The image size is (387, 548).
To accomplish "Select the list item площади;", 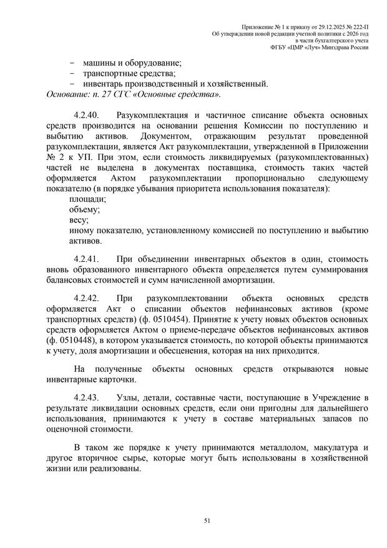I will pos(88,199).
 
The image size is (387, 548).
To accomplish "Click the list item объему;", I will pos(86,210).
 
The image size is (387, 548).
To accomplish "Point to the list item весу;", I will pos(79,220).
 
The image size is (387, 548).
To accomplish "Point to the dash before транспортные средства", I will pos(73,73).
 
